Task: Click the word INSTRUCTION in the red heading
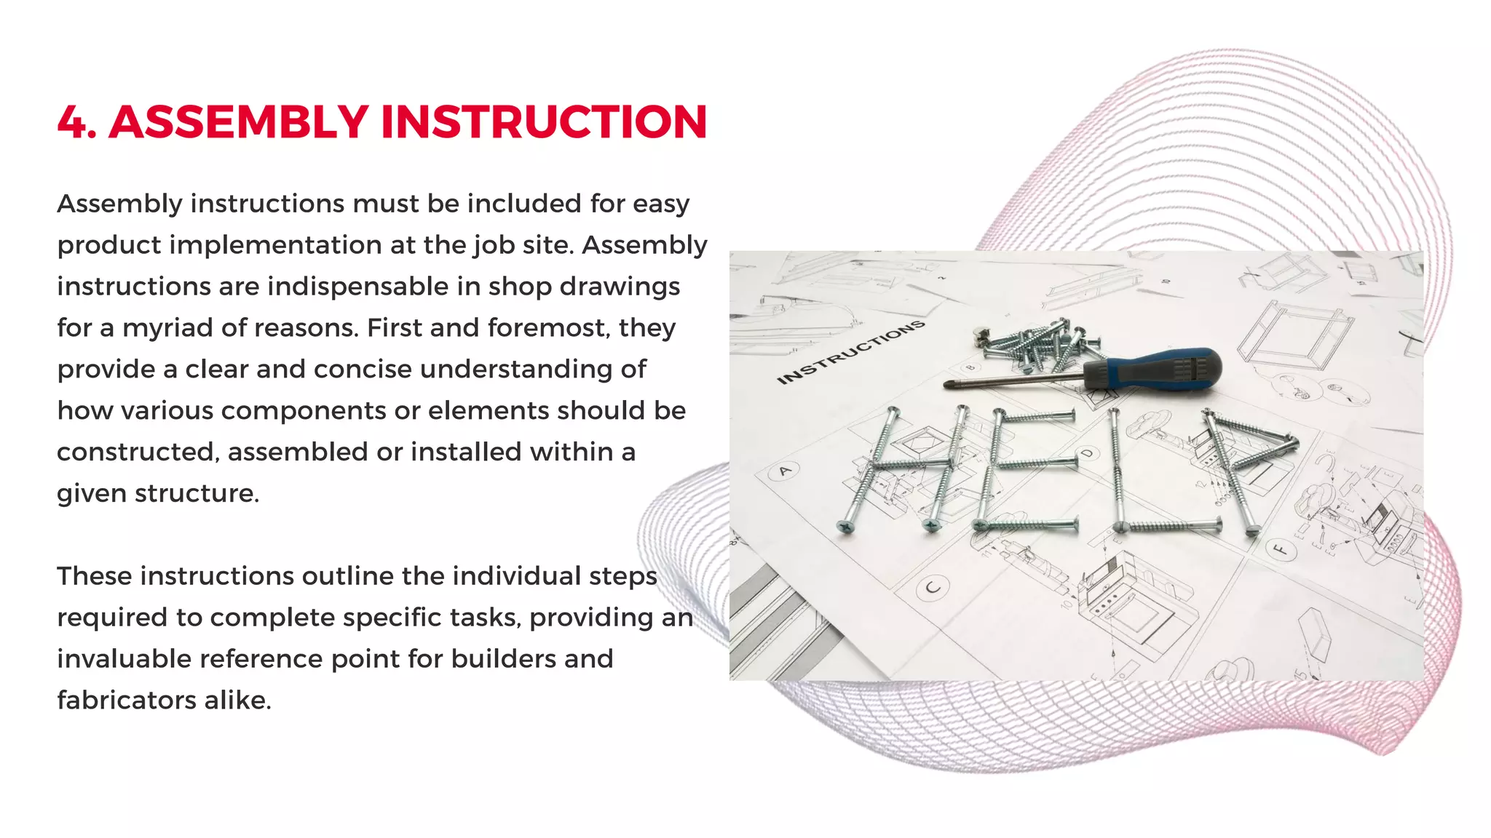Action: pyautogui.click(x=543, y=122)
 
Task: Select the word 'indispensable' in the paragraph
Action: pyautogui.click(x=357, y=287)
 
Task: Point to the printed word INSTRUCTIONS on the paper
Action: pyautogui.click(x=850, y=353)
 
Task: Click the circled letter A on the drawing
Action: pyautogui.click(x=784, y=472)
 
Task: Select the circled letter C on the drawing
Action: pyautogui.click(x=933, y=587)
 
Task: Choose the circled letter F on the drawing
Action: pyautogui.click(x=1279, y=549)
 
